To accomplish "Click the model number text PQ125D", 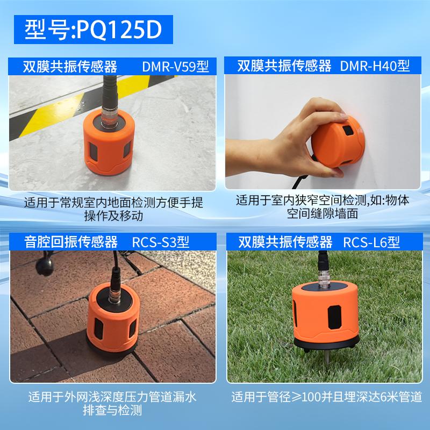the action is pyautogui.click(x=119, y=30).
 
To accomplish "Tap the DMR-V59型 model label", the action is pyautogui.click(x=176, y=66).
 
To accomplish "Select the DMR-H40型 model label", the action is pyautogui.click(x=375, y=66).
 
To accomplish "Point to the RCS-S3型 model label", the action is pyautogui.click(x=161, y=242).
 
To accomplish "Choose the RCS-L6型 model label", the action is pyautogui.click(x=371, y=242).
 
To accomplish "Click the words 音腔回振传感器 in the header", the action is pyautogui.click(x=71, y=242).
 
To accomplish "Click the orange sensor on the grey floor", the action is pyautogui.click(x=109, y=142).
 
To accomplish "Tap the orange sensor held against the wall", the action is pyautogui.click(x=338, y=142).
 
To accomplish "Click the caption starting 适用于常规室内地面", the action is pyautogui.click(x=113, y=209).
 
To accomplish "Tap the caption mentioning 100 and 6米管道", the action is pyautogui.click(x=327, y=397).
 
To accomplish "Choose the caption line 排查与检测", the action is pyautogui.click(x=112, y=410).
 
